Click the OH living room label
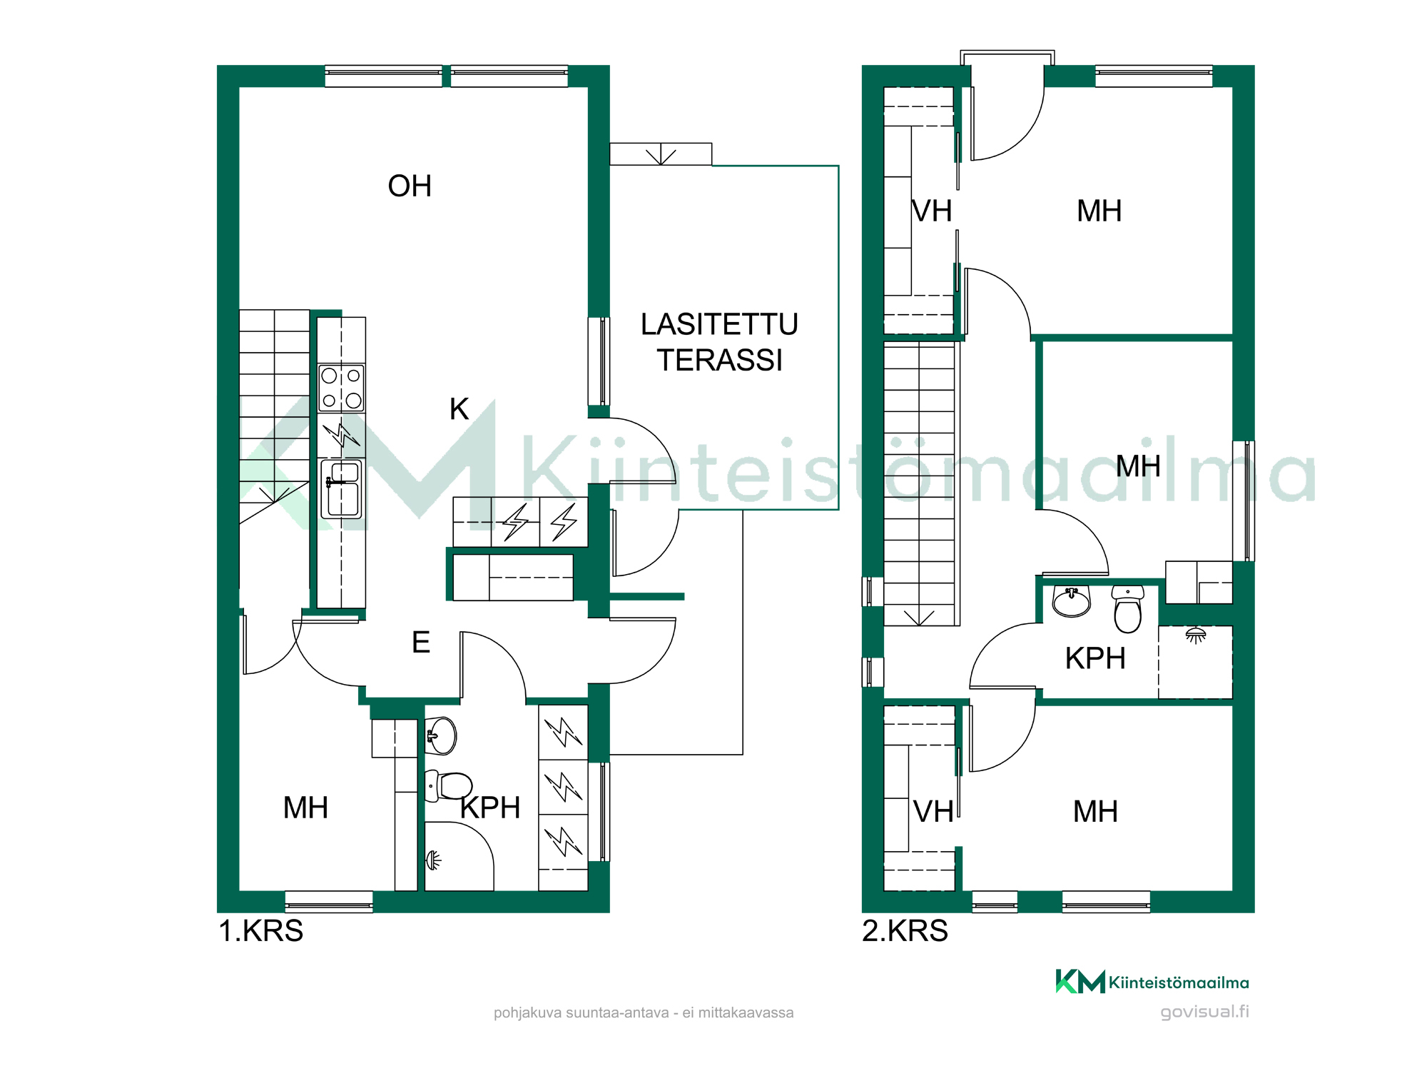410,186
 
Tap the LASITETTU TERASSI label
719,342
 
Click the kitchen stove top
342,388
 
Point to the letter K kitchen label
459,409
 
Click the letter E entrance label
421,643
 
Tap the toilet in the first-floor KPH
449,786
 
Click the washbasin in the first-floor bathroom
441,735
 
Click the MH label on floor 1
305,808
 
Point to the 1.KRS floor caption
261,931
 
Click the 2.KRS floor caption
905,931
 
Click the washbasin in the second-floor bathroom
1072,601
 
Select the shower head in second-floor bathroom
1196,635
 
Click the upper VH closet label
932,211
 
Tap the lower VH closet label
933,812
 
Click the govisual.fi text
1204,1012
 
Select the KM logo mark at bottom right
1080,982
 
